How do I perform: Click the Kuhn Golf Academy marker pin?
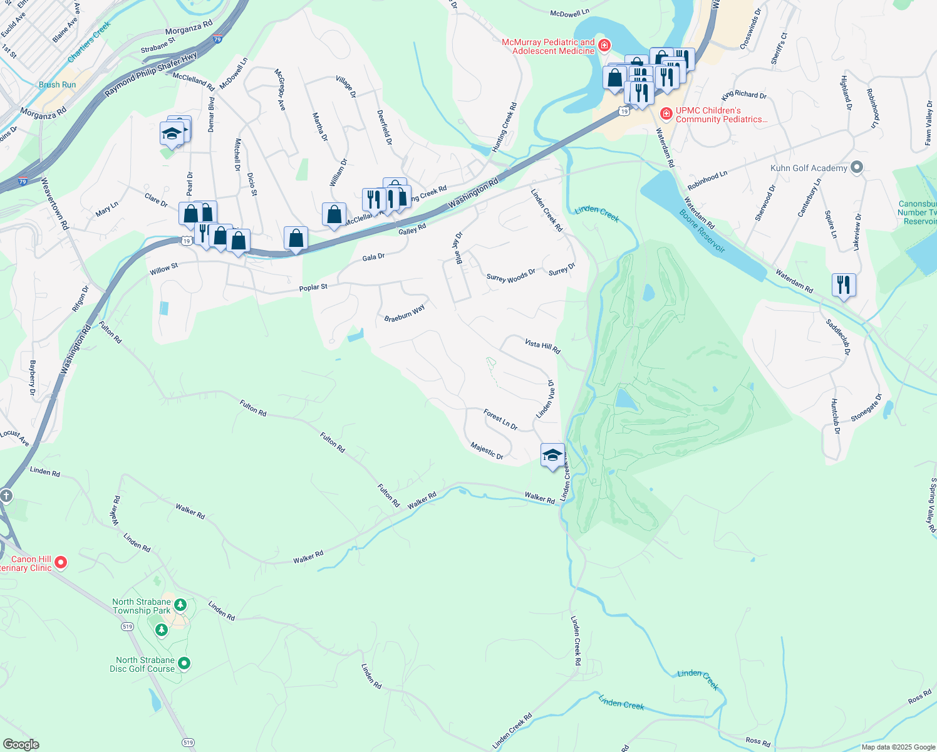point(857,167)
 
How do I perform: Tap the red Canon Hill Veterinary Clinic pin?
point(61,562)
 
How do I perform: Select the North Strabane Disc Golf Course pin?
point(184,663)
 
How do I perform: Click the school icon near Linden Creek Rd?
point(552,456)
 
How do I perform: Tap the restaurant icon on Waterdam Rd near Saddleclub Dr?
point(844,285)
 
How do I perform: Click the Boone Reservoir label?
point(702,231)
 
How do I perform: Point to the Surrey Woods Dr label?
point(510,276)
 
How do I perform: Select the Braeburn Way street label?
point(404,313)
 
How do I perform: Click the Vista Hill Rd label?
point(542,347)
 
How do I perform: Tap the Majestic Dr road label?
point(487,451)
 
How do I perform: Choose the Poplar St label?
point(313,288)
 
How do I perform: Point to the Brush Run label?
point(57,85)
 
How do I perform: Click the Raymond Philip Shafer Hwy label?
point(151,74)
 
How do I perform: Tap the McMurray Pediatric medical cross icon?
point(604,45)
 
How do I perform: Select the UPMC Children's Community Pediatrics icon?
point(666,114)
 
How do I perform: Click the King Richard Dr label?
point(744,95)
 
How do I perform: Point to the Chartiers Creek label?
point(89,41)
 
